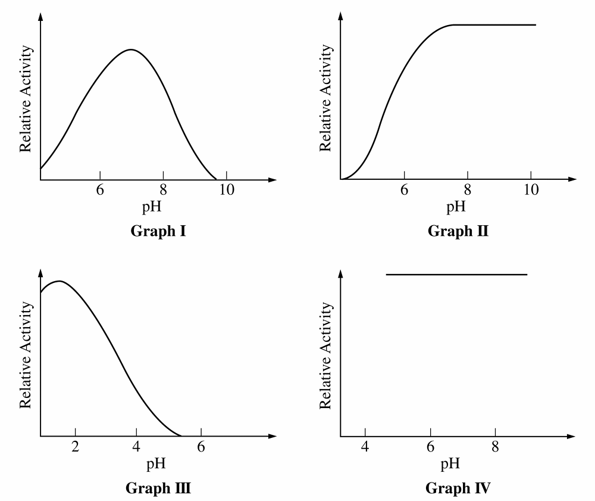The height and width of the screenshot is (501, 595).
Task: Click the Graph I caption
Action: click(158, 231)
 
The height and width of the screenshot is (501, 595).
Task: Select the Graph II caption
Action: click(458, 231)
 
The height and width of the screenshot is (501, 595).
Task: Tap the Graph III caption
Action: click(158, 489)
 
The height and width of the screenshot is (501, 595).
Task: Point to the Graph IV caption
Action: click(458, 489)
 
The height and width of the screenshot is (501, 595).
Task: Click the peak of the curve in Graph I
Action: click(131, 49)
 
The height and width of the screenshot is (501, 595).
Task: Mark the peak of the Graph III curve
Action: click(59, 281)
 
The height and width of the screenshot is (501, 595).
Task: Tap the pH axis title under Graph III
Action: click(156, 463)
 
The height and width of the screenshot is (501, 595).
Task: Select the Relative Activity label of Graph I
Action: click(26, 98)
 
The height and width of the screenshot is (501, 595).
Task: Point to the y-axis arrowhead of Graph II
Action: click(340, 16)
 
